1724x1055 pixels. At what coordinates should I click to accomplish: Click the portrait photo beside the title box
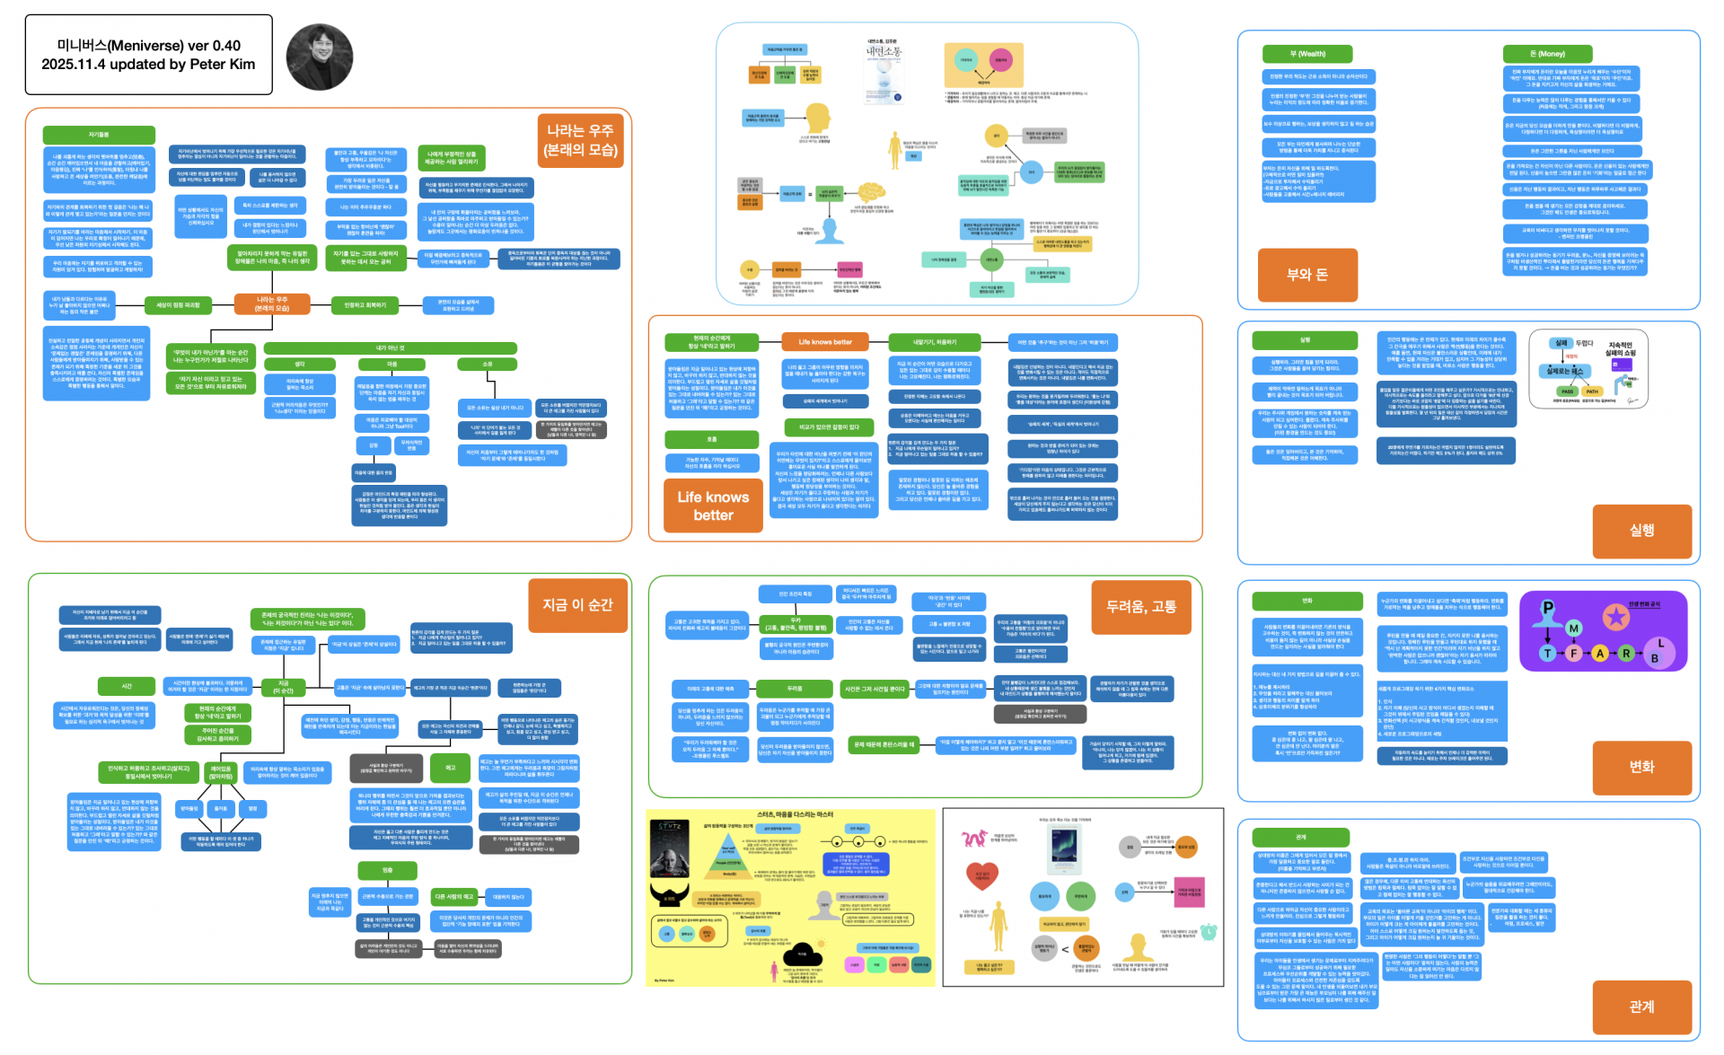tap(320, 57)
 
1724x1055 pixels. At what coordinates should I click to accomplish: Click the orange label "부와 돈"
tap(1306, 275)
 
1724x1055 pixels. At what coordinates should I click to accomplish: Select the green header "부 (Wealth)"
tap(1306, 54)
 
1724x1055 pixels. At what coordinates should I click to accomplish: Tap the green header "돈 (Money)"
tap(1547, 54)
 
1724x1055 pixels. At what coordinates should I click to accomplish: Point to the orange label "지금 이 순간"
tap(577, 605)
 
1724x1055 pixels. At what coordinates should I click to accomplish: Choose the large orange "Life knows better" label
tap(713, 506)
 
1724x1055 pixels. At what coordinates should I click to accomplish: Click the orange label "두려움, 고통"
tap(1140, 607)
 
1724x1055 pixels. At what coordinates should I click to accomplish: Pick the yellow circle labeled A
tap(1599, 653)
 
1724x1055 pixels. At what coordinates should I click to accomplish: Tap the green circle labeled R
tap(1625, 653)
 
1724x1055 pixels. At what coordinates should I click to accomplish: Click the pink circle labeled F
tap(1573, 653)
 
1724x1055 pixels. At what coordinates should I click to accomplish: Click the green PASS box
tap(1567, 391)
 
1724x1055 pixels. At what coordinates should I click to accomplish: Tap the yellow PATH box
tap(1592, 391)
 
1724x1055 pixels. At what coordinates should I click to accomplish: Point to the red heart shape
tap(981, 875)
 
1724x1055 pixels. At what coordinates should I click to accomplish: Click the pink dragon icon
tap(973, 839)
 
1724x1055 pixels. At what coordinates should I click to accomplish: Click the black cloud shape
tap(803, 955)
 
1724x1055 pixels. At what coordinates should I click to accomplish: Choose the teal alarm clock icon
tap(1209, 932)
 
